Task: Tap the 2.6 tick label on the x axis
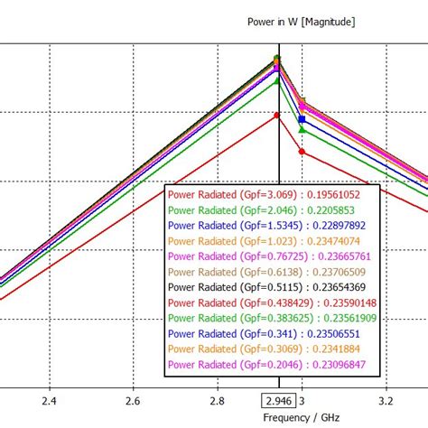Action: click(133, 400)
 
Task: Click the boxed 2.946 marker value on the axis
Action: click(278, 401)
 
